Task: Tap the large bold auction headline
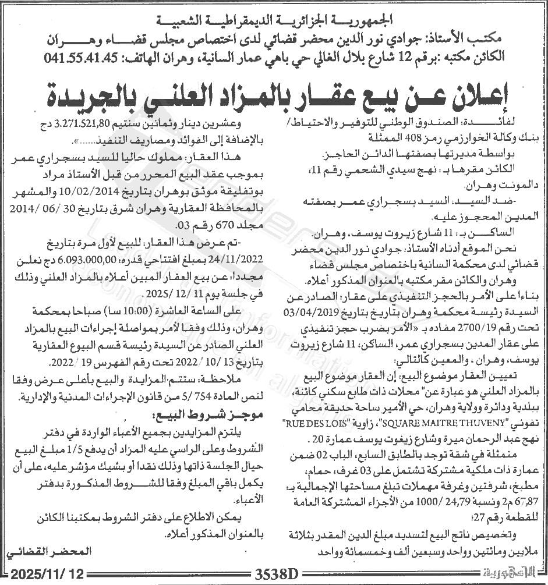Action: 273,93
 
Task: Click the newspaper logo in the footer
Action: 512,573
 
